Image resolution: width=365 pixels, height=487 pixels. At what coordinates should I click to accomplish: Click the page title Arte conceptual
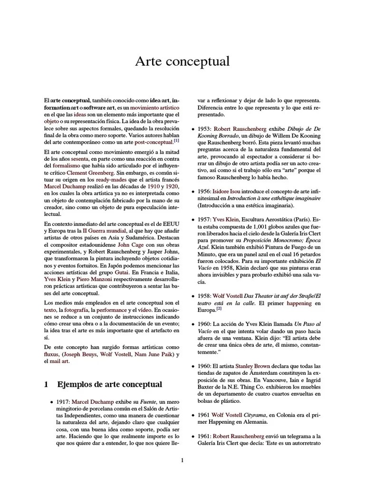coord(182,61)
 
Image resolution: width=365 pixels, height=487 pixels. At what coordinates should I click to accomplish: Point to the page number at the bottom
coord(182,460)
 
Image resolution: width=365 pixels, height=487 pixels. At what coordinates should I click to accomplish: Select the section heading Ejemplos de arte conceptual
coord(109,384)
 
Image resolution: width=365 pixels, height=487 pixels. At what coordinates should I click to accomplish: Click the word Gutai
coord(122,273)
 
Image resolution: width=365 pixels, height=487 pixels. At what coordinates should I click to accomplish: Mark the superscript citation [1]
coord(176,140)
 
